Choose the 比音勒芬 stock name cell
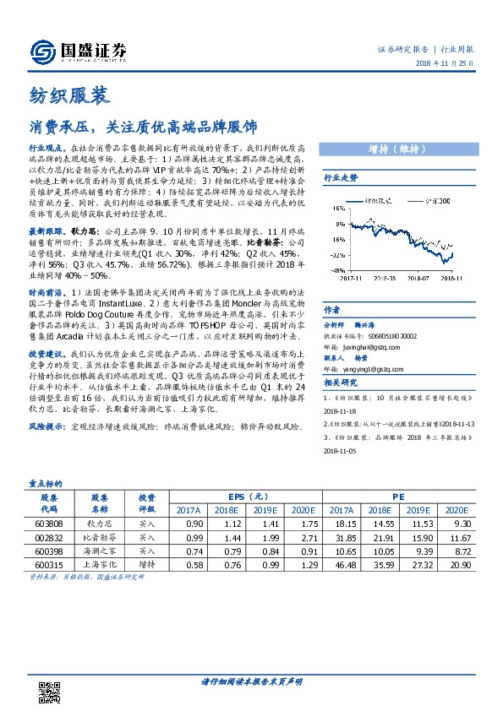(x=100, y=537)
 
